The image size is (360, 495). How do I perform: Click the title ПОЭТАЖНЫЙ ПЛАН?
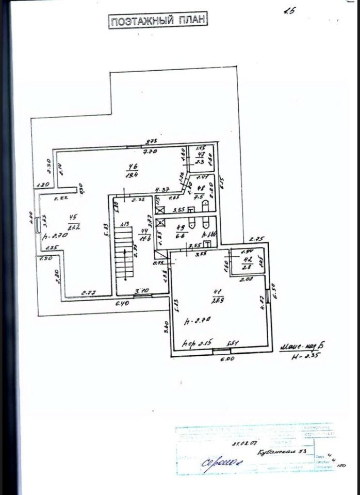click(157, 21)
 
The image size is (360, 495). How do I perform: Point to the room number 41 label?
click(213, 294)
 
